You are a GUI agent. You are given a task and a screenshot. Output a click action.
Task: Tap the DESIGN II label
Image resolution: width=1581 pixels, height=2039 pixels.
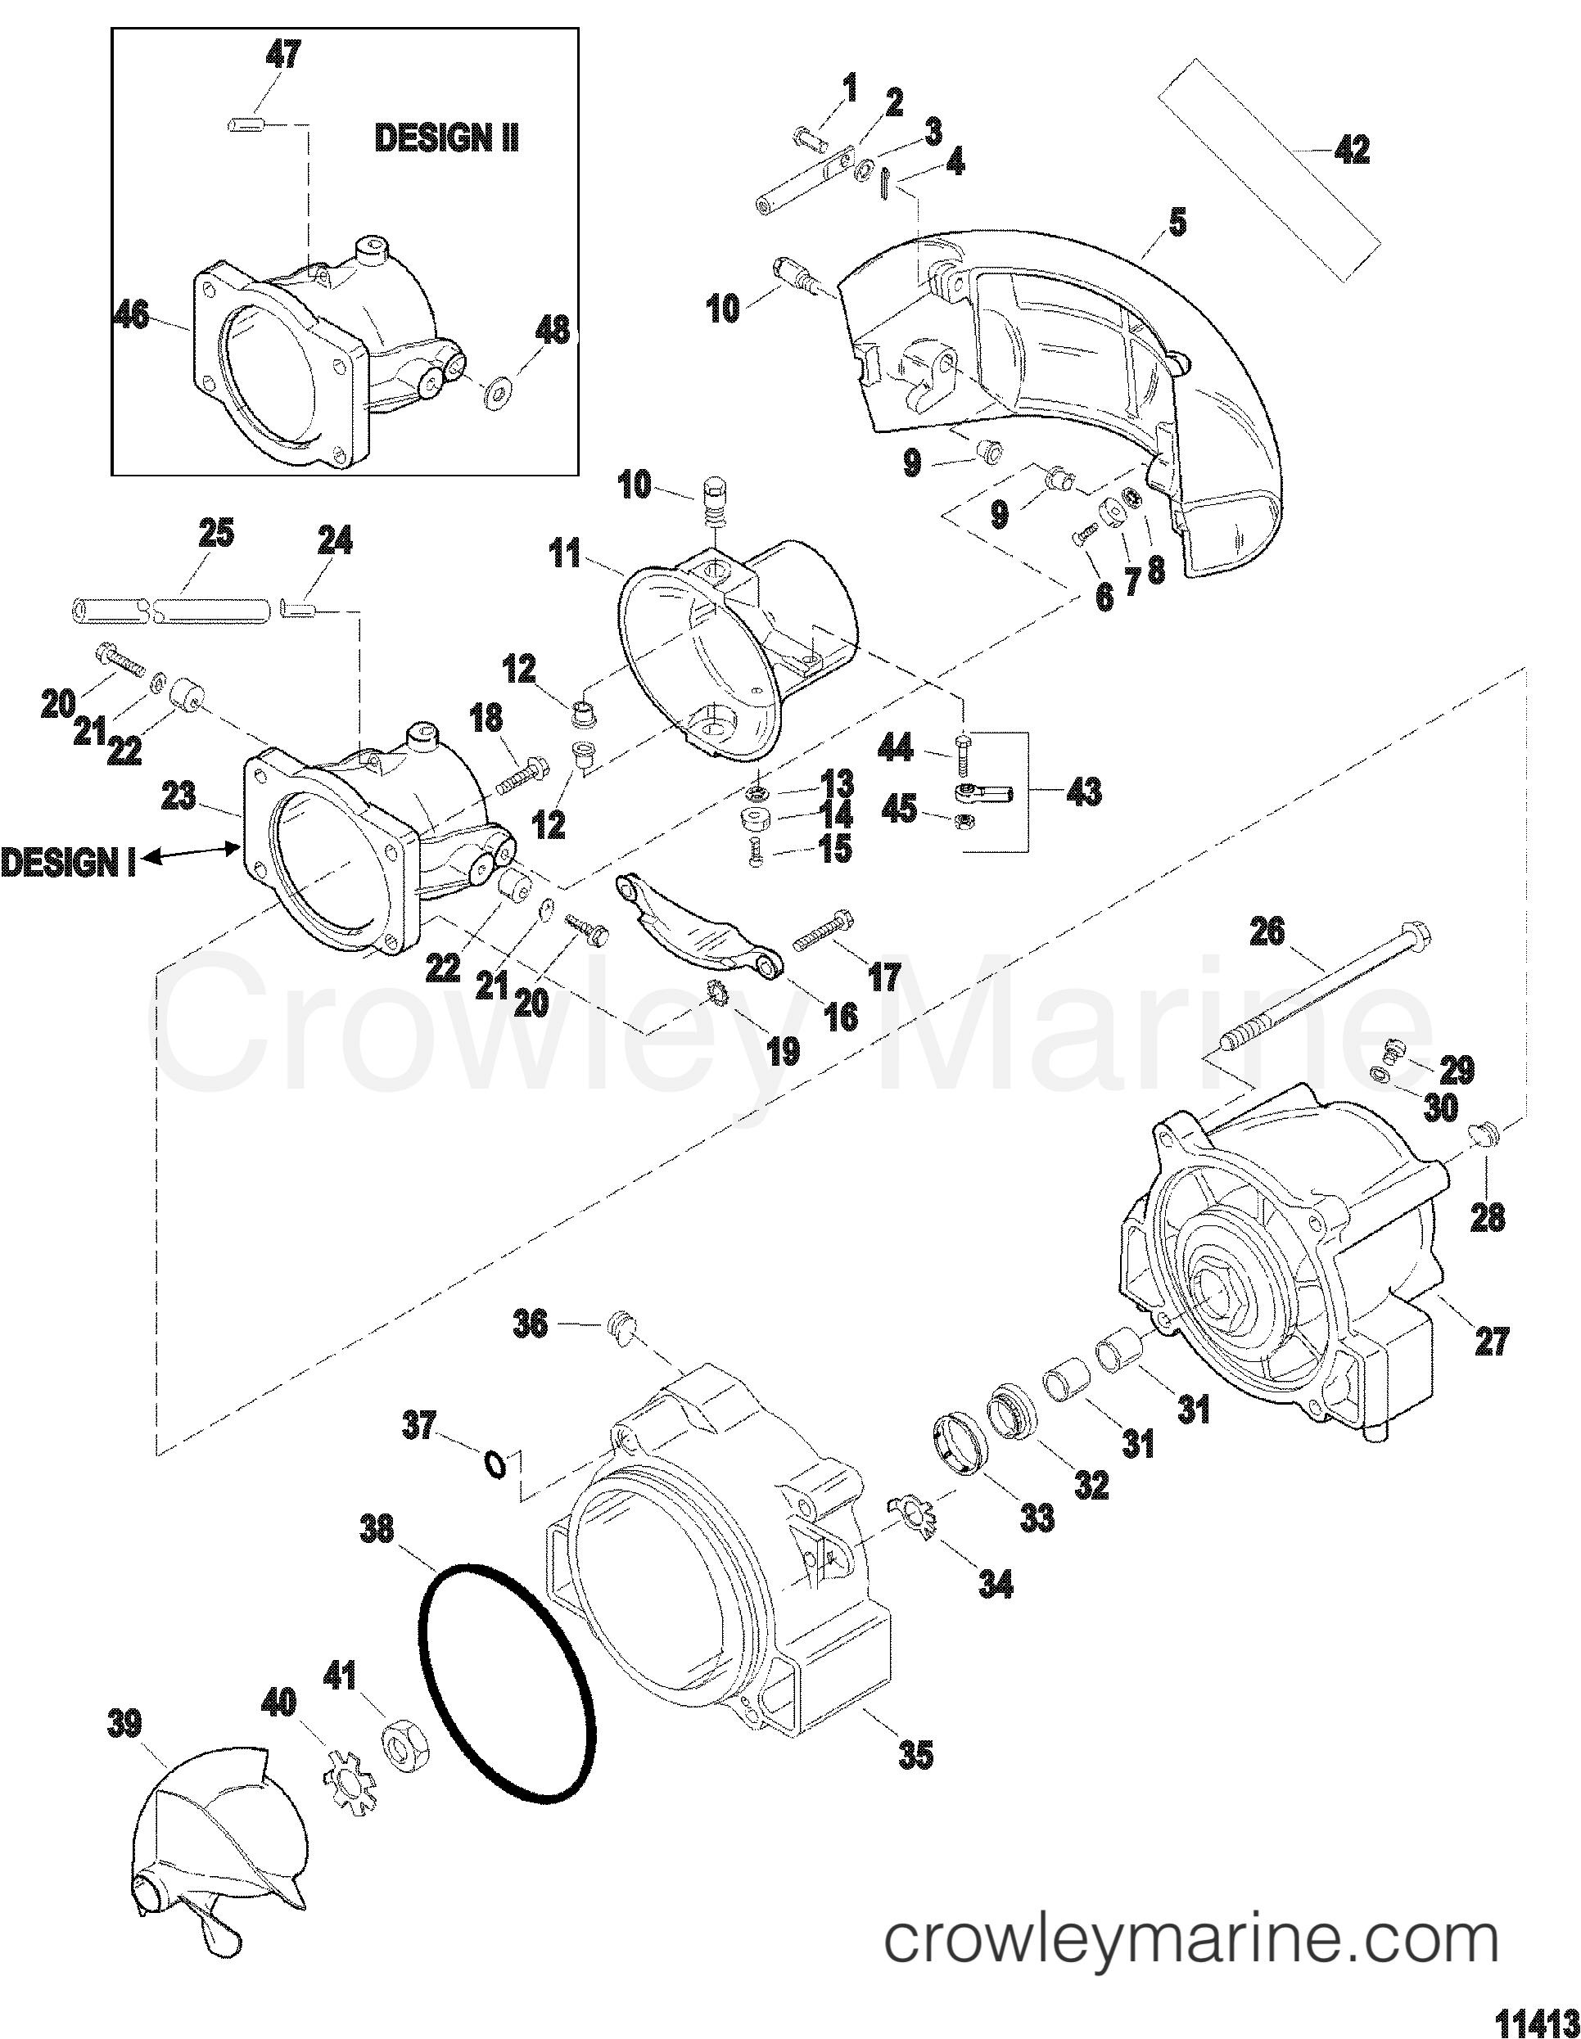(x=446, y=138)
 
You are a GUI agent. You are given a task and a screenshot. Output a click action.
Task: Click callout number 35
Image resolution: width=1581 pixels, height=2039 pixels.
(x=915, y=1754)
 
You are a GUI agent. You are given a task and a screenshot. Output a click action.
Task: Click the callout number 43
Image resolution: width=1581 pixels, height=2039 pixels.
(x=1082, y=792)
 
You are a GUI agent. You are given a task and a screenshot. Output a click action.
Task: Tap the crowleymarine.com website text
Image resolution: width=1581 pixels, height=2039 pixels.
(x=1191, y=1933)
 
